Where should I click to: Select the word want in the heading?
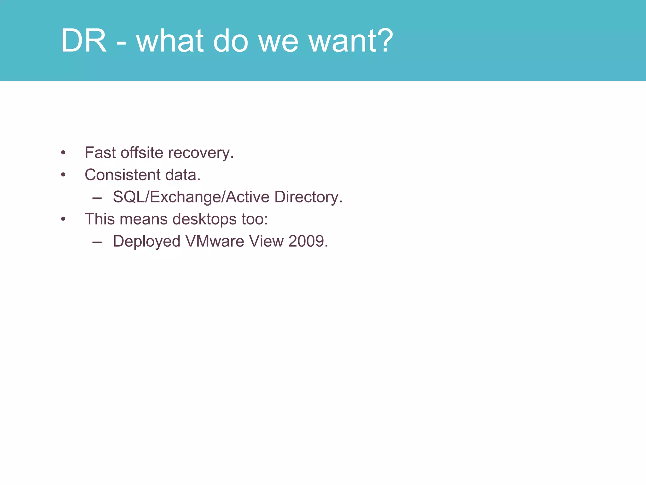point(343,41)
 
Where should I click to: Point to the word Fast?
point(100,153)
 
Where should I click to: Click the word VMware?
point(215,242)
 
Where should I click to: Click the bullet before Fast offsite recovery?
point(63,153)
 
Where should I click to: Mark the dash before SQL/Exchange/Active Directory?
point(97,198)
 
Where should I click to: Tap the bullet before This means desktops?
point(63,219)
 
